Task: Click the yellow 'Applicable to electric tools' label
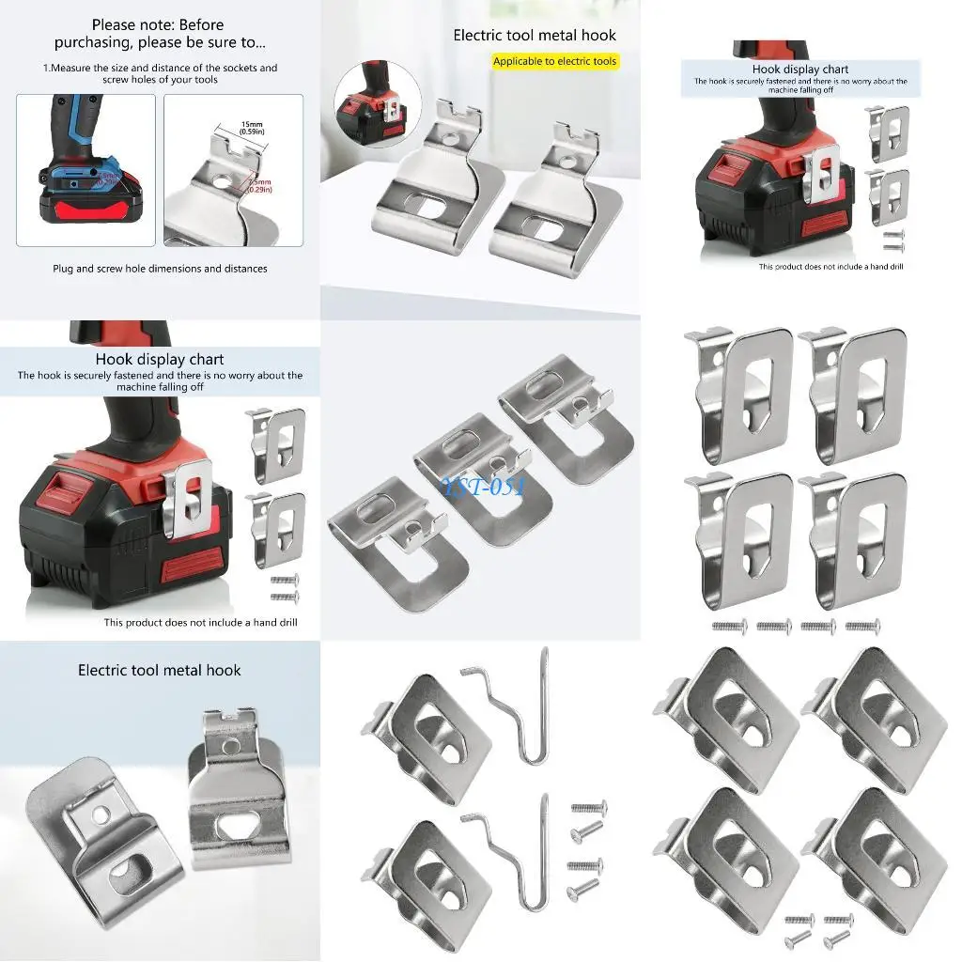coord(555,61)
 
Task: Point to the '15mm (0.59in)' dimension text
coord(251,128)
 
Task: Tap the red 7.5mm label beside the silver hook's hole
coord(260,184)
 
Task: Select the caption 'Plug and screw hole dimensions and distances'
coord(160,269)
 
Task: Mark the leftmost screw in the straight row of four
coord(730,626)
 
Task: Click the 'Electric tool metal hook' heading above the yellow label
coord(535,36)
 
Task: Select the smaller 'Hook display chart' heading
coord(799,70)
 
